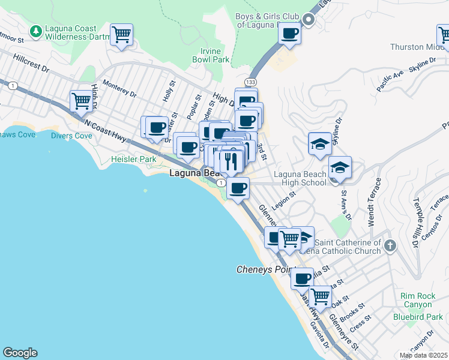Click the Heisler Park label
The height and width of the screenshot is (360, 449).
click(x=133, y=159)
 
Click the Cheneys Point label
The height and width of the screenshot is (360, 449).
click(x=267, y=269)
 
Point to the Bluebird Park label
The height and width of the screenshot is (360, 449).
click(x=418, y=316)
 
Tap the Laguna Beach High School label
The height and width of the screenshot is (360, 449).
click(x=300, y=178)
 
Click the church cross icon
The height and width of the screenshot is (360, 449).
click(x=390, y=245)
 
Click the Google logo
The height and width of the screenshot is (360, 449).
click(x=20, y=353)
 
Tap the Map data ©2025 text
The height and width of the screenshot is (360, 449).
click(x=423, y=355)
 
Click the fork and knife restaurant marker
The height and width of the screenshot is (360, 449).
click(x=230, y=161)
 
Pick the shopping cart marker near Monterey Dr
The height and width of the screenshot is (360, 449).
click(x=80, y=101)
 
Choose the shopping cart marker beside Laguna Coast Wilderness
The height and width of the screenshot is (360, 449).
click(x=122, y=34)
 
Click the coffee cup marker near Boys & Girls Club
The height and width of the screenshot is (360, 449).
click(x=290, y=34)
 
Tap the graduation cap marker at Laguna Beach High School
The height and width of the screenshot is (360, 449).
click(x=340, y=168)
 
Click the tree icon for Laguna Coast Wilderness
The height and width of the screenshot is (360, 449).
click(x=36, y=31)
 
